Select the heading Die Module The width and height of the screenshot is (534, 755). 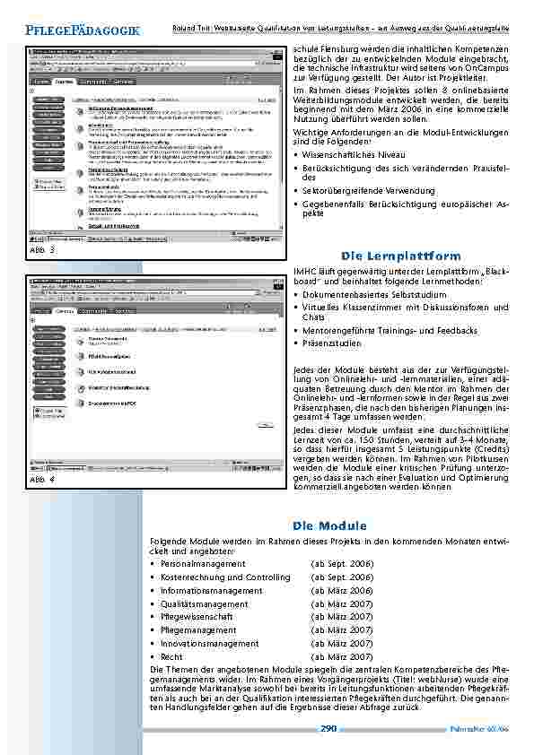coord(327,525)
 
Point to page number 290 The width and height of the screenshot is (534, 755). coord(328,729)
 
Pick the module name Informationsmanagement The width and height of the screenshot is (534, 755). coord(212,591)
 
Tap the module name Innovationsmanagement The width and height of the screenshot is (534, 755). coord(210,644)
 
